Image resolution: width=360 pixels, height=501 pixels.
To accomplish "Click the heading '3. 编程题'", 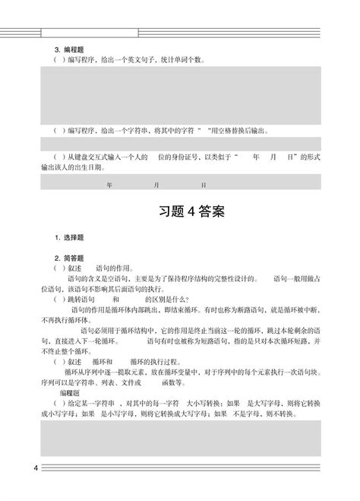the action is pos(67,47).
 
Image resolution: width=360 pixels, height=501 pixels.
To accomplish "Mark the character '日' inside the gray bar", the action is pos(204,185).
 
